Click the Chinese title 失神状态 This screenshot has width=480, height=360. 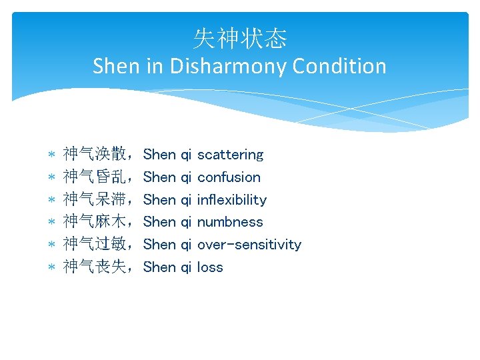click(x=240, y=39)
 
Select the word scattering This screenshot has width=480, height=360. click(x=230, y=155)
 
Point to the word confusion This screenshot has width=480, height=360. click(x=229, y=177)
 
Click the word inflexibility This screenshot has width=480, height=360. click(x=231, y=200)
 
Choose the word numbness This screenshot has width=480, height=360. click(x=230, y=222)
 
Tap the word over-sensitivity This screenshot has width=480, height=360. click(x=249, y=245)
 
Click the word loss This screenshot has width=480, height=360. click(x=210, y=267)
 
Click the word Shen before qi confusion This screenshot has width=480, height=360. click(x=159, y=177)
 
